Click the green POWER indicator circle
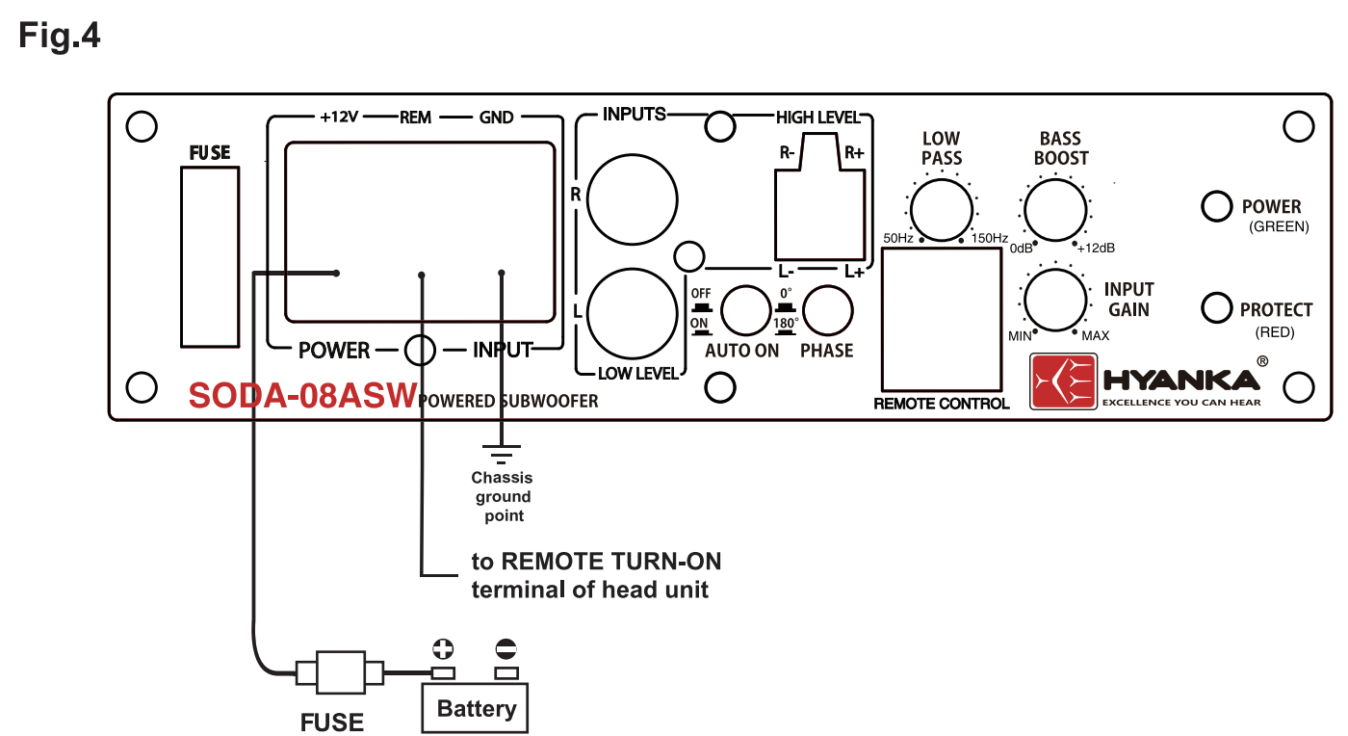[1217, 205]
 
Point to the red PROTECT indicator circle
[1217, 308]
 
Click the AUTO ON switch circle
[746, 310]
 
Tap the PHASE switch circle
[828, 310]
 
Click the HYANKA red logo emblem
[1064, 381]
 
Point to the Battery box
[476, 708]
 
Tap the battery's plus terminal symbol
[444, 648]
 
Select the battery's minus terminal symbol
[505, 648]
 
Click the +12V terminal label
[340, 118]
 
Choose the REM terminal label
[415, 118]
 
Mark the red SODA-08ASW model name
[302, 396]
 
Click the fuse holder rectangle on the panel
[210, 256]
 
